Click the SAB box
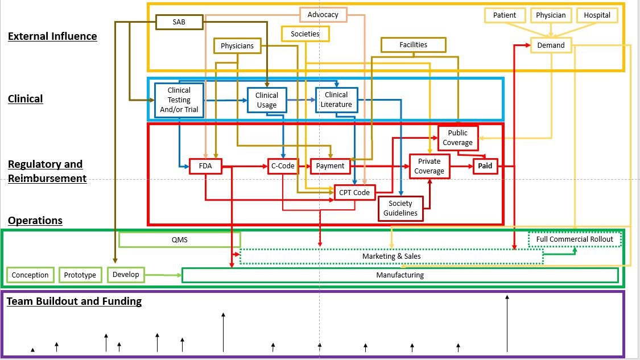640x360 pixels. pyautogui.click(x=179, y=22)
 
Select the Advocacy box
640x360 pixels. pyautogui.click(x=323, y=15)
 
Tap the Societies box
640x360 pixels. pyautogui.click(x=305, y=34)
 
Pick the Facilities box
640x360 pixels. pyautogui.click(x=413, y=45)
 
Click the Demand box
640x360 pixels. pyautogui.click(x=551, y=45)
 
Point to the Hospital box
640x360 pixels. pyautogui.click(x=597, y=15)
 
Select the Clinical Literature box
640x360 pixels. pyautogui.click(x=336, y=100)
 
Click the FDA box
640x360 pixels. pyautogui.click(x=205, y=166)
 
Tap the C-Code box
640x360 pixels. pyautogui.click(x=283, y=166)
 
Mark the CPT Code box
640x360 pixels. pyautogui.click(x=354, y=193)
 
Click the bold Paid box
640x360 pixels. pyautogui.click(x=488, y=166)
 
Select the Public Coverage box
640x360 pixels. pyautogui.click(x=457, y=138)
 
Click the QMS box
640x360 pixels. pyautogui.click(x=180, y=239)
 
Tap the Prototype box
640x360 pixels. pyautogui.click(x=80, y=275)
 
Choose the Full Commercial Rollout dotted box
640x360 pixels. pyautogui.click(x=575, y=239)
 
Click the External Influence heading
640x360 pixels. pyautogui.click(x=52, y=36)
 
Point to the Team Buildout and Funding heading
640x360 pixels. pyautogui.click(x=74, y=301)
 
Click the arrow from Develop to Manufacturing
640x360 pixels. pyautogui.click(x=162, y=275)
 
